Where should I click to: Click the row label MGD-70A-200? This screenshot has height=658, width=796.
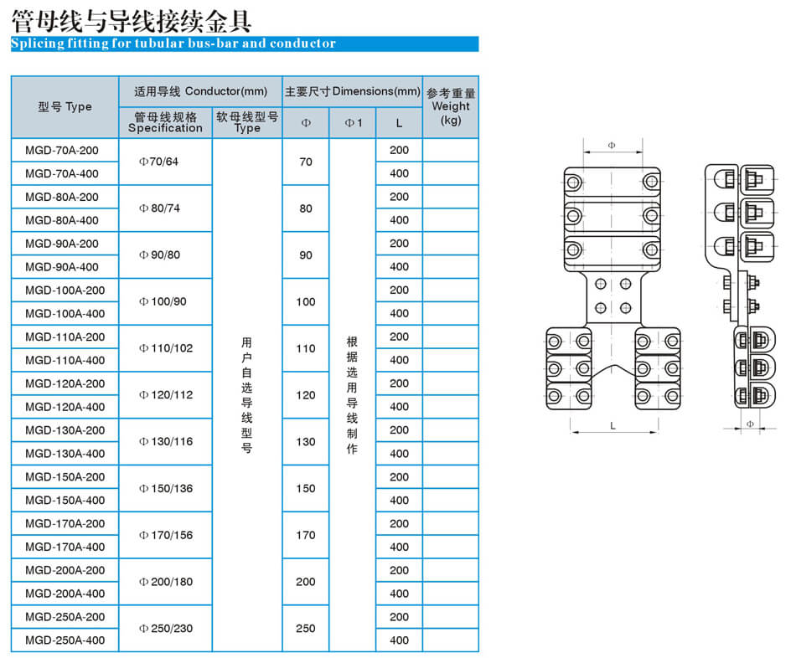[x=62, y=150]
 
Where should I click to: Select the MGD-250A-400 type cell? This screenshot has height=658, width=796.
[x=65, y=640]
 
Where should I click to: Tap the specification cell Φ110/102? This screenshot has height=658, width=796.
[x=166, y=348]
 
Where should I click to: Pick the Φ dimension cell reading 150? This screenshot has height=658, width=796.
[x=306, y=489]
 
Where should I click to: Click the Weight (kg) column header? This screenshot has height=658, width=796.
[x=451, y=106]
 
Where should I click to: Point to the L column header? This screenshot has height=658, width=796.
[x=399, y=123]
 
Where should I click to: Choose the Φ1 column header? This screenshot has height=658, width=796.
[x=354, y=123]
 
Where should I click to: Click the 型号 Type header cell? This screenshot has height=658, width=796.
[x=65, y=106]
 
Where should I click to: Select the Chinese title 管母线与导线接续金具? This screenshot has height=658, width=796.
[x=132, y=21]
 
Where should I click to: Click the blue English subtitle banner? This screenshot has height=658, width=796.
[x=245, y=44]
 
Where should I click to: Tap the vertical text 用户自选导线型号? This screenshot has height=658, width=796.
[x=246, y=394]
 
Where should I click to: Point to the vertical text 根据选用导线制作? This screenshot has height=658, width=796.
[x=352, y=394]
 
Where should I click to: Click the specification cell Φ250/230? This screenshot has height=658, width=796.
[x=166, y=628]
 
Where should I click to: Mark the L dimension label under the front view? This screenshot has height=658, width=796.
[x=613, y=425]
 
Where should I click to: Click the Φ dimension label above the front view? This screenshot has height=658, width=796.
[x=612, y=146]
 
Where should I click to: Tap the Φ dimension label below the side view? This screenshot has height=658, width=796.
[x=750, y=424]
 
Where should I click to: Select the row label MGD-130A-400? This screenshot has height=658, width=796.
[x=65, y=454]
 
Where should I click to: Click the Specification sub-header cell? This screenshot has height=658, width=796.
[x=166, y=123]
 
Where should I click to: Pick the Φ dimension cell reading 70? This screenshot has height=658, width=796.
[x=306, y=162]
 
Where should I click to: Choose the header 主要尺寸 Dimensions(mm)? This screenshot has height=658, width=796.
[x=352, y=91]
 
